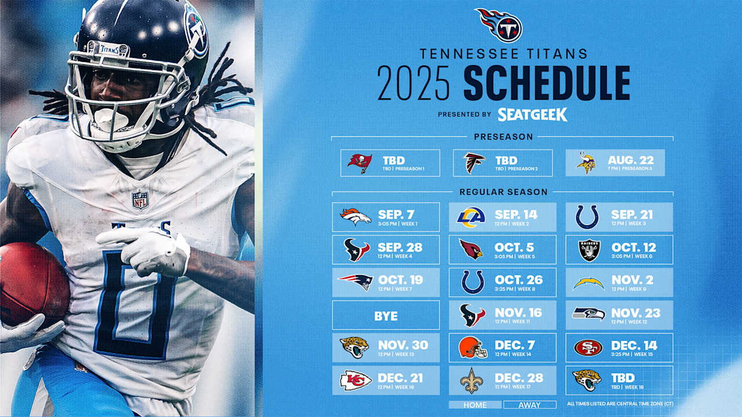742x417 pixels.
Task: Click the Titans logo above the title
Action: pyautogui.click(x=499, y=25)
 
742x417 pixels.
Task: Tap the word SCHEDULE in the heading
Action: pyautogui.click(x=546, y=84)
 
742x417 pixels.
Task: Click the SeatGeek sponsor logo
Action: pyautogui.click(x=532, y=114)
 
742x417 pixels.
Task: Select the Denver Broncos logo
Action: pyautogui.click(x=355, y=217)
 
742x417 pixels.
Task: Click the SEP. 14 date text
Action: pyautogui.click(x=515, y=214)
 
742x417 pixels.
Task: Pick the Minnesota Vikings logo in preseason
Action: pyautogui.click(x=586, y=163)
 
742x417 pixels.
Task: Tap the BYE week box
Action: pyautogui.click(x=385, y=316)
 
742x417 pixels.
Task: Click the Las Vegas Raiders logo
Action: pyautogui.click(x=587, y=250)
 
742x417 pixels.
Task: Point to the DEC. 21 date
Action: pyautogui.click(x=400, y=378)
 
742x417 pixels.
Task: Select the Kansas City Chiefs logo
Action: pyautogui.click(x=355, y=380)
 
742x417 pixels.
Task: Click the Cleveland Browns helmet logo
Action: pyautogui.click(x=472, y=348)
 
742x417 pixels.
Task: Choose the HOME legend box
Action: pyautogui.click(x=475, y=405)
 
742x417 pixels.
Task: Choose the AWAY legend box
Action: pyautogui.click(x=529, y=405)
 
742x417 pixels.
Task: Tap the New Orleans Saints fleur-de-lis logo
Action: pyautogui.click(x=471, y=381)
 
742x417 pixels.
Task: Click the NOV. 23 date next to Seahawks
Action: pyautogui.click(x=635, y=313)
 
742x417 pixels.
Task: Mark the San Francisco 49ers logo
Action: pyautogui.click(x=588, y=348)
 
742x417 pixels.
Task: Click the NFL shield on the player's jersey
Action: pyautogui.click(x=140, y=200)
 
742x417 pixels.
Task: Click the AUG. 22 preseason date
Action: pyautogui.click(x=631, y=160)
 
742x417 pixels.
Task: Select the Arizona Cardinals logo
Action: pyautogui.click(x=471, y=250)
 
